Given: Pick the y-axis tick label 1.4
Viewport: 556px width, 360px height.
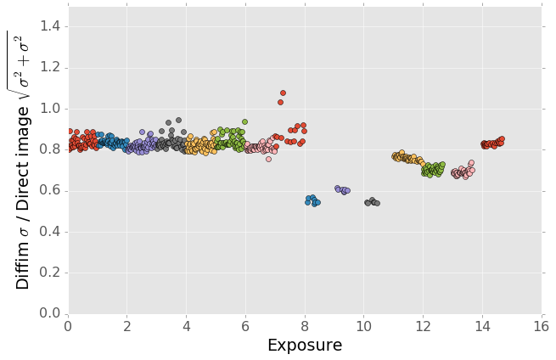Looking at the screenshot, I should pos(50,27).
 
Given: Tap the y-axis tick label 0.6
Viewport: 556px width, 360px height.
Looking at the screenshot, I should pos(50,191).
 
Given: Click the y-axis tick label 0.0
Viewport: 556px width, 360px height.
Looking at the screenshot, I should pos(50,314).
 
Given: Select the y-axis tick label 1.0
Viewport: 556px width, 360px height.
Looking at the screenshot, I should pos(50,109).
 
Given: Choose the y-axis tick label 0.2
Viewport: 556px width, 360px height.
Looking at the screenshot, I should pos(50,273).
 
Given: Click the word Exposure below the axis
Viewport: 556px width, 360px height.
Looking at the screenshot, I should pos(305,345).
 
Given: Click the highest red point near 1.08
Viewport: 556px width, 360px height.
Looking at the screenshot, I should pos(283,93).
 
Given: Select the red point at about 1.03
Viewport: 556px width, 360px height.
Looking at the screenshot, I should pos(280,102).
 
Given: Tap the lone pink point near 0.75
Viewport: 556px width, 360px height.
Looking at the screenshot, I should pos(268,159).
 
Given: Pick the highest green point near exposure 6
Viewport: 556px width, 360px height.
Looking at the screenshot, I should pos(244,121).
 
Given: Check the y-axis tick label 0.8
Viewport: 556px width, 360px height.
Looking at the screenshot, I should pos(50,150).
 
